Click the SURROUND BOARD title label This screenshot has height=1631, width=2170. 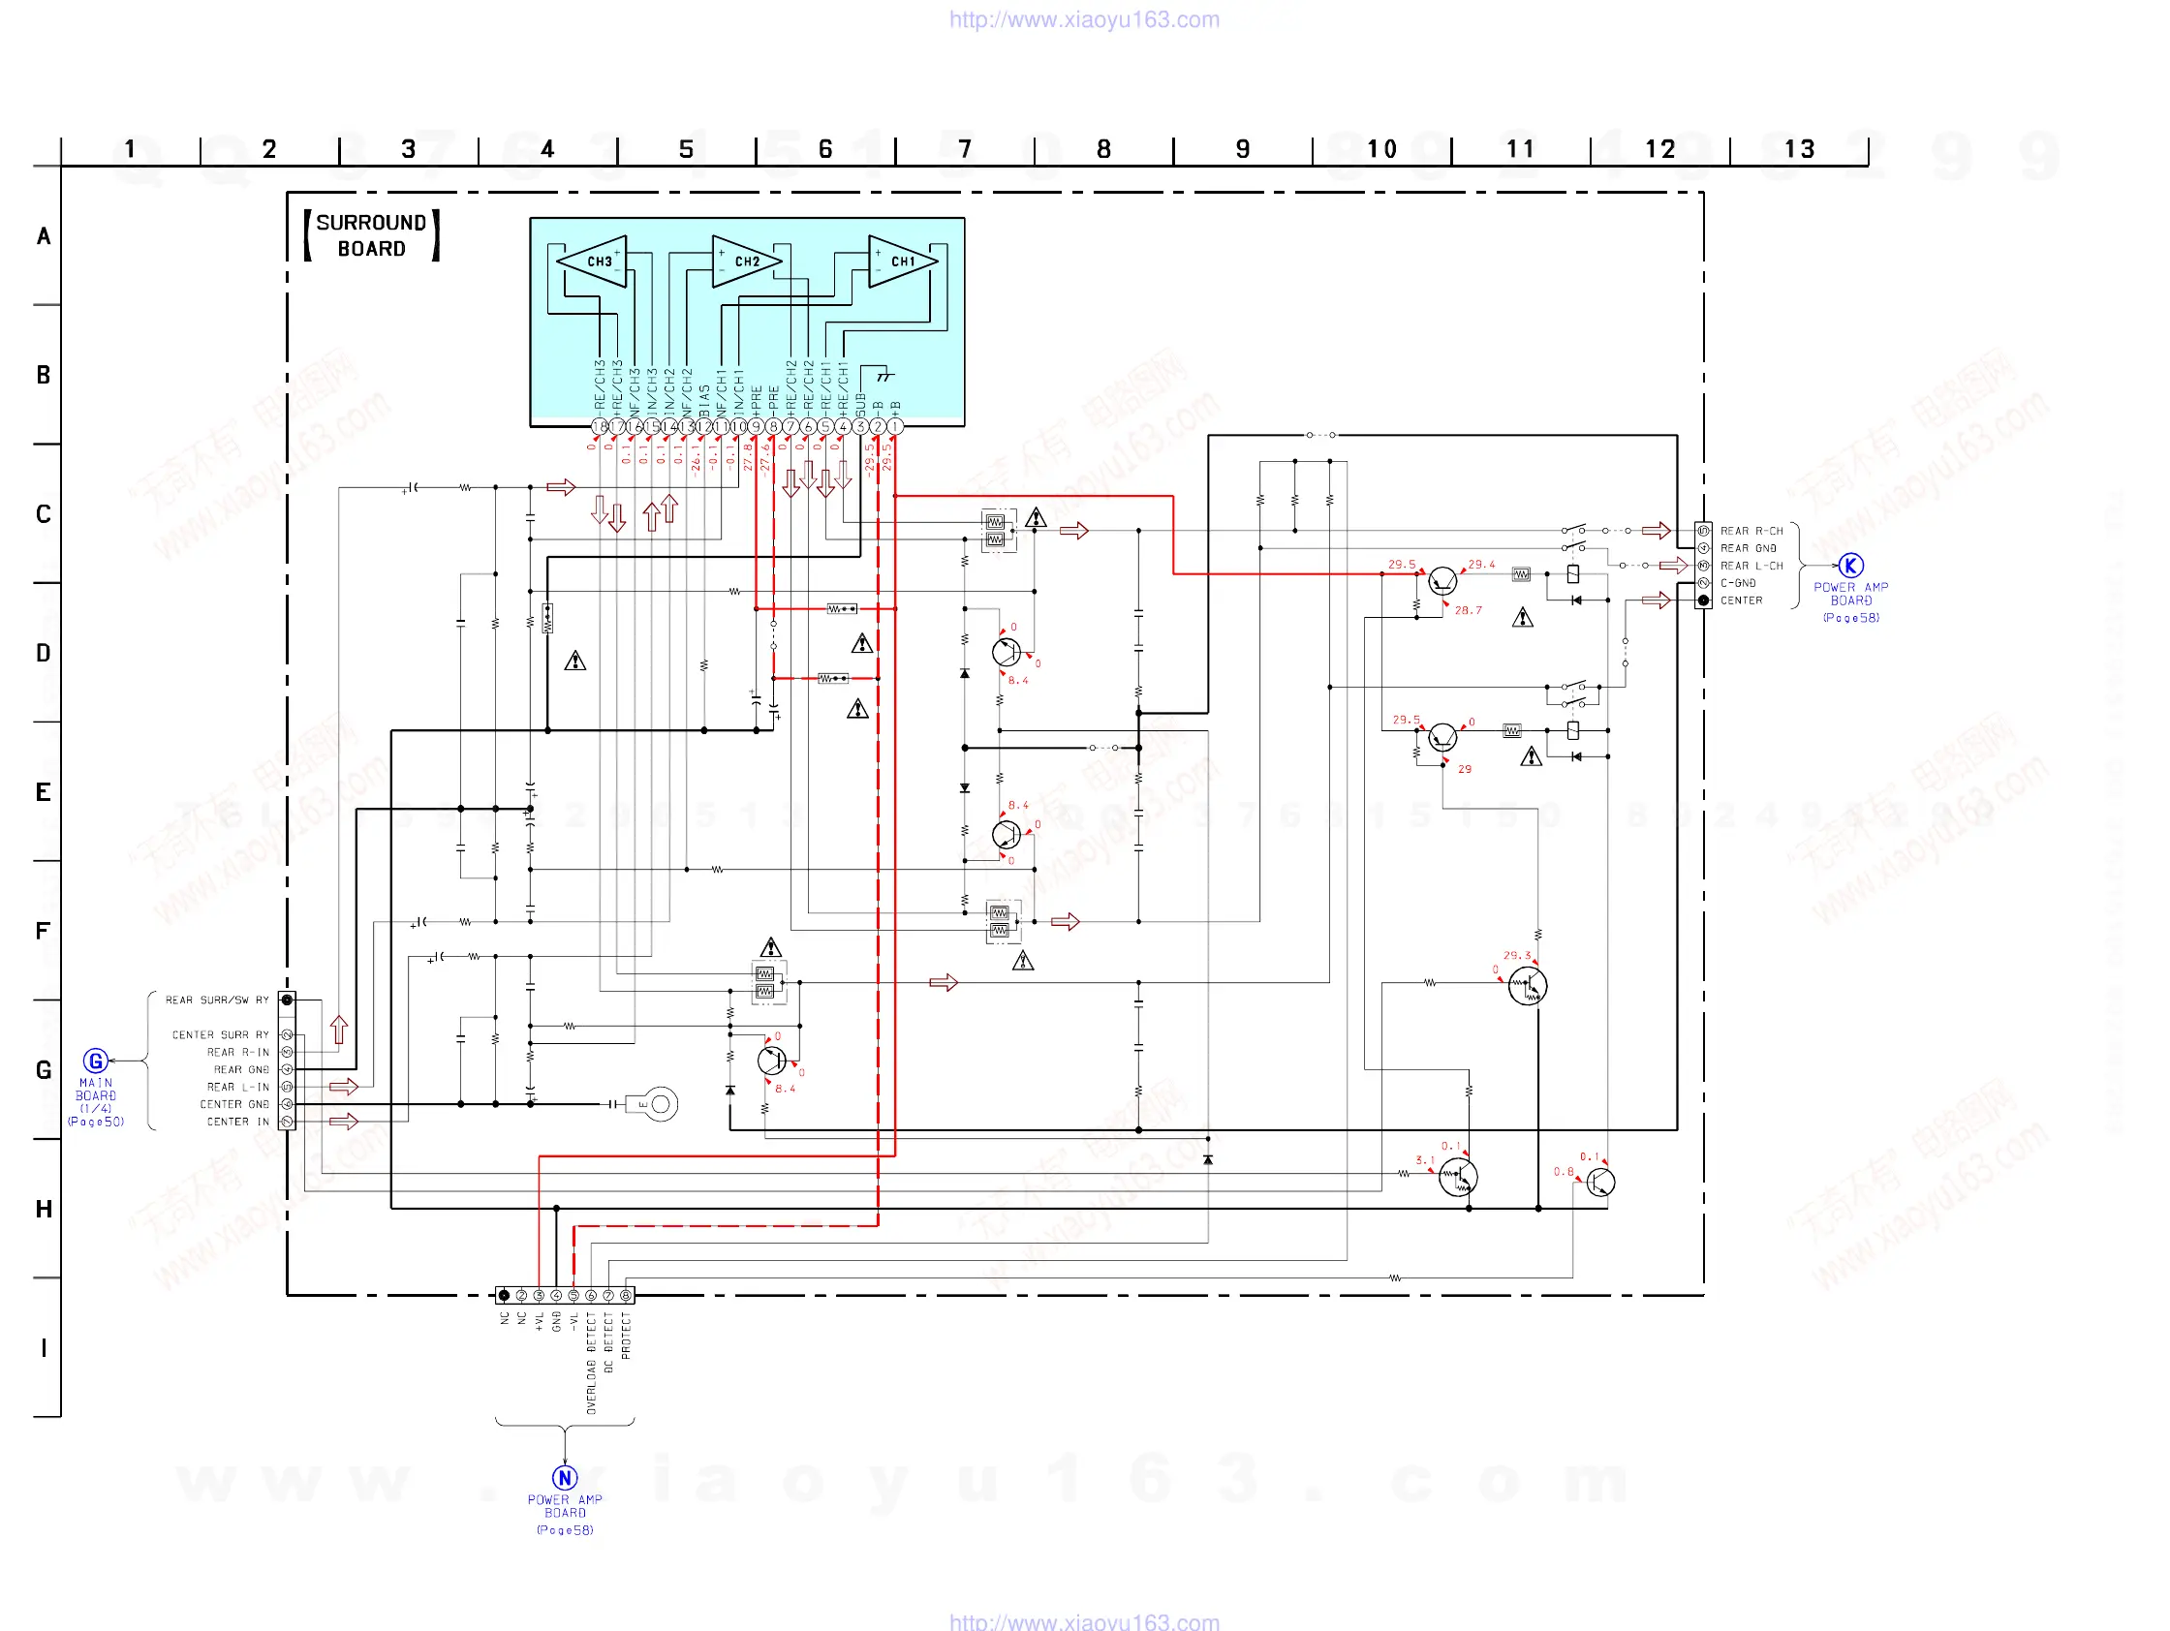371,235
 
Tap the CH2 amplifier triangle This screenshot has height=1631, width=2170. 745,261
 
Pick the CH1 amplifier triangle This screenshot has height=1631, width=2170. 901,261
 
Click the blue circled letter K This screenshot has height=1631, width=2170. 1850,565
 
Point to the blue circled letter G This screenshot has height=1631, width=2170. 95,1061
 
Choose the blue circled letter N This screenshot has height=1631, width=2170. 564,1477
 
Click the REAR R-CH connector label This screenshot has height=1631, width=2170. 1751,531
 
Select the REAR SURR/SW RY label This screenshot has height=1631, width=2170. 217,1000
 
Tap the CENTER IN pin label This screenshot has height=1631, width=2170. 237,1121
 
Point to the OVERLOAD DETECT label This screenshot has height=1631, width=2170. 592,1364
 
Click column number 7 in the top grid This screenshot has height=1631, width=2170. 964,149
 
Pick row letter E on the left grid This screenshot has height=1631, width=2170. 44,791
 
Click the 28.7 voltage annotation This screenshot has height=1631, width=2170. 1468,610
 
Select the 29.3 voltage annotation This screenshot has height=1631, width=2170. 1517,955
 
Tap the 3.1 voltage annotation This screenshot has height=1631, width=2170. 1424,1160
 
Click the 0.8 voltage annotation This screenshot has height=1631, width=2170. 1563,1172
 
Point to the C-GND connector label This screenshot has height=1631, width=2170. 1737,583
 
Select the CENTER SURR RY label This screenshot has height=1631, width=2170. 221,1034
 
